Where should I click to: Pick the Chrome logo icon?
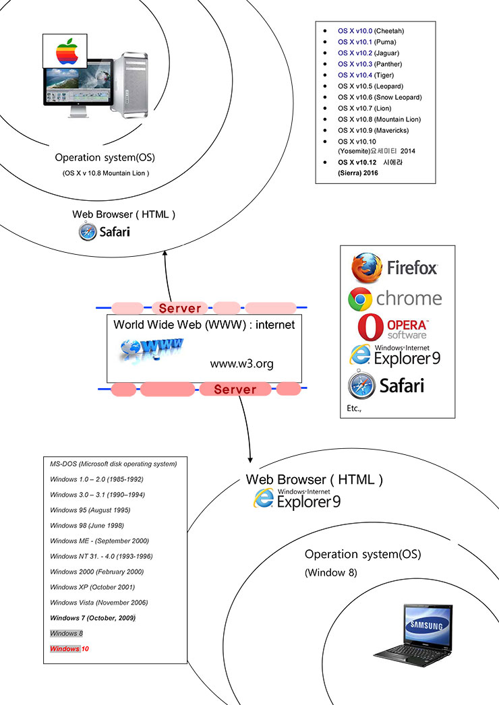[361, 299]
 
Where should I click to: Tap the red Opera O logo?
[370, 328]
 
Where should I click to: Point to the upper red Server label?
[180, 308]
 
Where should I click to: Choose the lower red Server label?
[235, 389]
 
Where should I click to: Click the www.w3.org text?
[241, 364]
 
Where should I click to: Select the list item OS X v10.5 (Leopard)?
[370, 86]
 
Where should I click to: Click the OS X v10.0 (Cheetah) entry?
[371, 31]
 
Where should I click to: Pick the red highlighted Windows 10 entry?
[69, 648]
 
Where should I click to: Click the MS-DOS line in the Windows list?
[113, 464]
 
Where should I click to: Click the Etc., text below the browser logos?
[354, 408]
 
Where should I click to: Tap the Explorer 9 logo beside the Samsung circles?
[297, 499]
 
